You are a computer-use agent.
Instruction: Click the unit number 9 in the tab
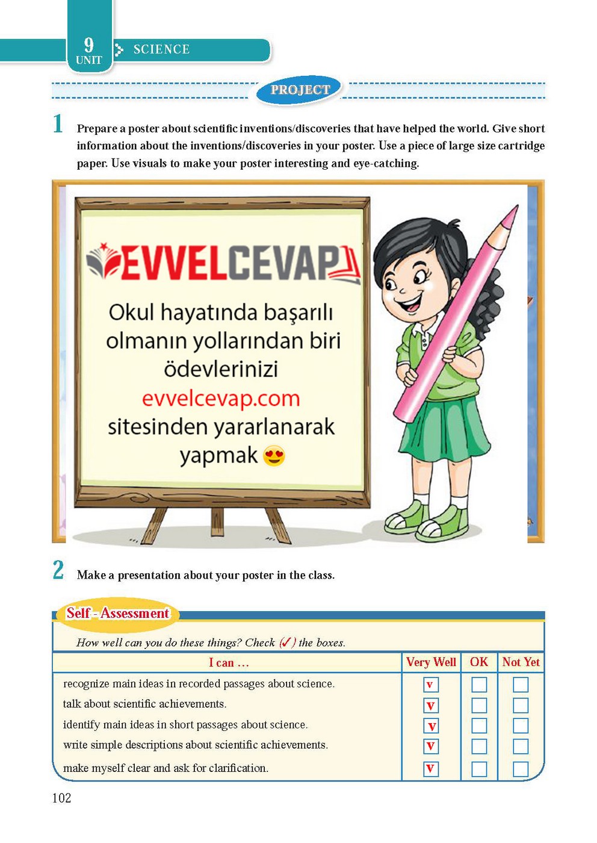pyautogui.click(x=88, y=45)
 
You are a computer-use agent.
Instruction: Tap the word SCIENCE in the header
pyautogui.click(x=161, y=49)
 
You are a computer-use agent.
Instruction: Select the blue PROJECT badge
pyautogui.click(x=300, y=90)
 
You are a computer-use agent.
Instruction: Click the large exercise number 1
pyautogui.click(x=58, y=124)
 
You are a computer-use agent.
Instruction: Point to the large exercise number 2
pyautogui.click(x=58, y=570)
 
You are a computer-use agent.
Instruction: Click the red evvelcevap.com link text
pyautogui.click(x=221, y=399)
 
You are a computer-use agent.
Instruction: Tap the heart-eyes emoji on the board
pyautogui.click(x=274, y=456)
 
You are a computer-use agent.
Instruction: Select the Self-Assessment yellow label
pyautogui.click(x=118, y=613)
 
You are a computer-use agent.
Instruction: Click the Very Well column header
pyautogui.click(x=431, y=662)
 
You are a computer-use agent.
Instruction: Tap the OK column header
pyautogui.click(x=479, y=662)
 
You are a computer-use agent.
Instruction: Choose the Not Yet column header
pyautogui.click(x=521, y=662)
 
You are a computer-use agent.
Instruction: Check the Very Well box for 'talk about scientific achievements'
pyautogui.click(x=431, y=705)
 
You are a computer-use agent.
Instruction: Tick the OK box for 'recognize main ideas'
pyautogui.click(x=479, y=685)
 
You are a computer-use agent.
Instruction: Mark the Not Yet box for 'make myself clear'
pyautogui.click(x=521, y=769)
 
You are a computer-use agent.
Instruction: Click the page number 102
pyautogui.click(x=61, y=798)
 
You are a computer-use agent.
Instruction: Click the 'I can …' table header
pyautogui.click(x=229, y=663)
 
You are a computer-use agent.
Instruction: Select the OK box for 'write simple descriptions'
pyautogui.click(x=479, y=746)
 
